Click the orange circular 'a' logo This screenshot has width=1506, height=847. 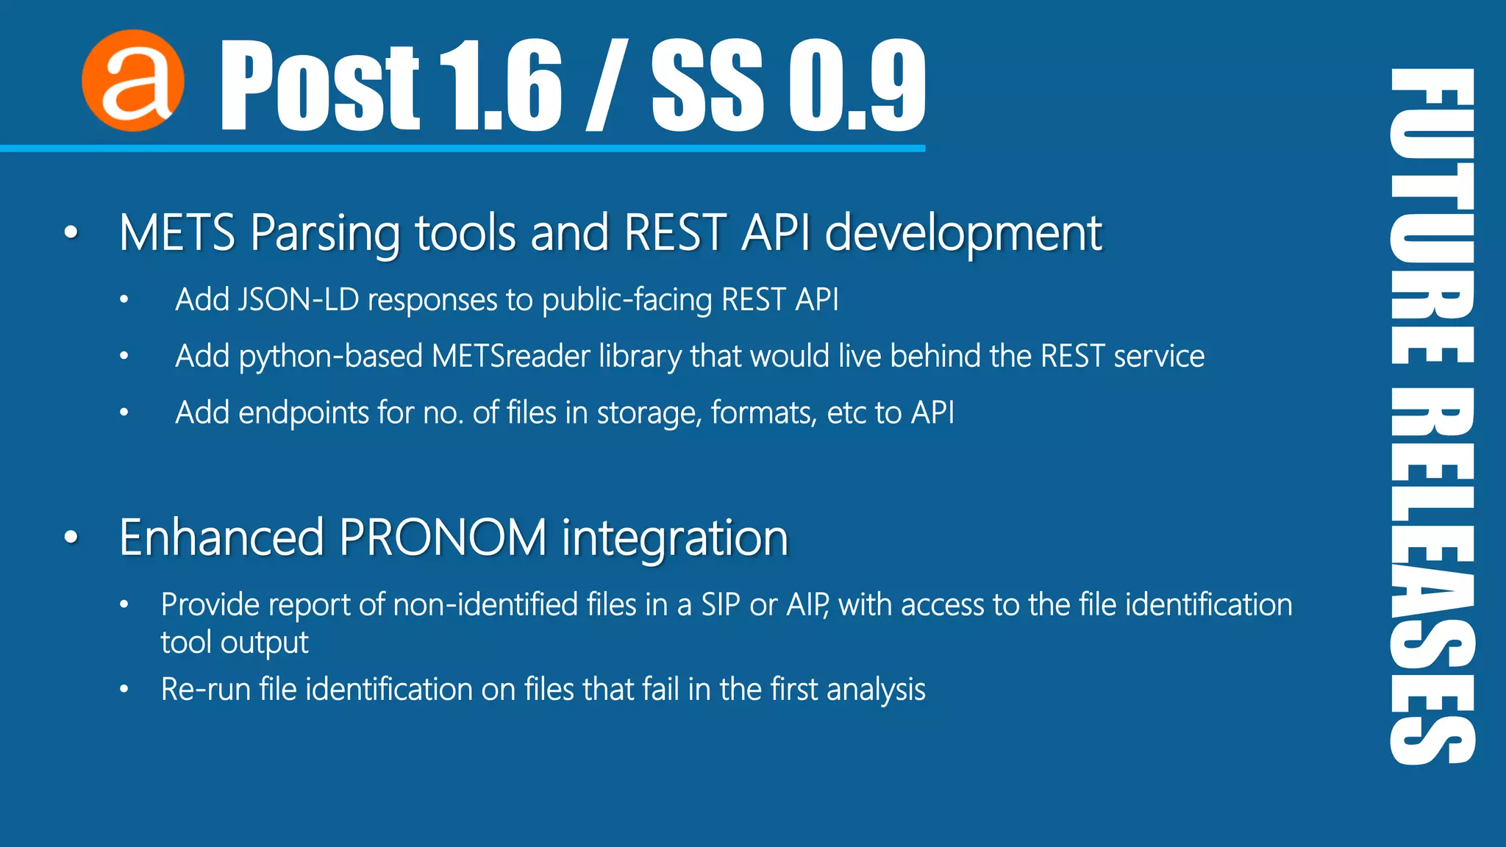point(132,81)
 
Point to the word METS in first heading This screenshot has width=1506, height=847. point(176,233)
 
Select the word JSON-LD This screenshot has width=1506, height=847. point(298,300)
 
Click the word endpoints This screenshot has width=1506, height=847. point(304,413)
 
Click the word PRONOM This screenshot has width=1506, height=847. point(443,537)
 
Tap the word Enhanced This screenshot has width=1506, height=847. point(221,537)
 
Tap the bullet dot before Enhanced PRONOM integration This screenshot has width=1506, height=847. point(71,537)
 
